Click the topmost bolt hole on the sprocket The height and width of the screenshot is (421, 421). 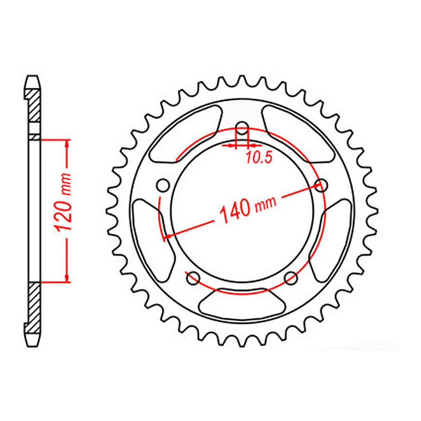[x=242, y=126]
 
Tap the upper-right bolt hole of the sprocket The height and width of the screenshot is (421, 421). [x=321, y=186]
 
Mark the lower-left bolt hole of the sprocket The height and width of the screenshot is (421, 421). [x=193, y=277]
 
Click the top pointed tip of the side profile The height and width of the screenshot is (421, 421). [x=33, y=78]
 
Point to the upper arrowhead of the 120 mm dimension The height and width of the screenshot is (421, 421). [x=66, y=142]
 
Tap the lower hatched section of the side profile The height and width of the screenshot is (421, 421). [x=33, y=306]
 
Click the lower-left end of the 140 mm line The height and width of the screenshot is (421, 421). [x=165, y=237]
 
